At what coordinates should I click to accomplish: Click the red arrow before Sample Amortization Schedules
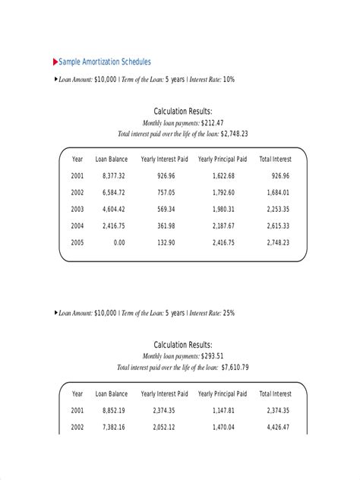tap(55, 61)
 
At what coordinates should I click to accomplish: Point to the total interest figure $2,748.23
tap(234, 133)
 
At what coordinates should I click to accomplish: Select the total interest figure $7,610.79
tap(235, 367)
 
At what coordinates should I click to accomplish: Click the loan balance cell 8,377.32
tap(110, 175)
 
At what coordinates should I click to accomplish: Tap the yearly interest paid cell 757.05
tap(166, 192)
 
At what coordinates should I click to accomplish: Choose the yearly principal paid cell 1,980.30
tap(225, 209)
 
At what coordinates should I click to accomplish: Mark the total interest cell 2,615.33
tap(276, 226)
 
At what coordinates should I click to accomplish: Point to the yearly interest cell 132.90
tap(166, 242)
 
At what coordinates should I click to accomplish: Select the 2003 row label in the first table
tap(77, 209)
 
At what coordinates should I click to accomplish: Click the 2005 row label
tap(77, 242)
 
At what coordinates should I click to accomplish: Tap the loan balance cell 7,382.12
tap(110, 428)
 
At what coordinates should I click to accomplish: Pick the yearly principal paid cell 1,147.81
tap(225, 411)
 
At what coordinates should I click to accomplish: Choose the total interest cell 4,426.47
tap(276, 428)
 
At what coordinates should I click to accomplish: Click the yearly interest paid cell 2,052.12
tap(163, 428)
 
